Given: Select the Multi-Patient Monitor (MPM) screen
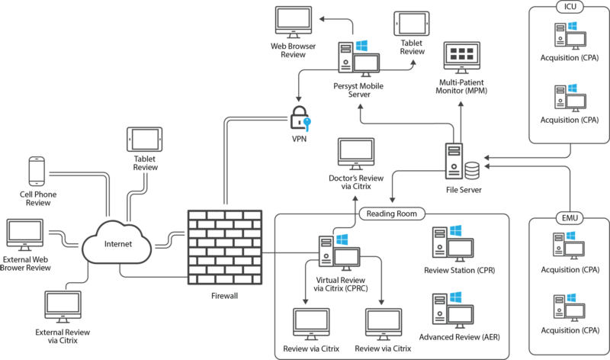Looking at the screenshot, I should [x=464, y=56].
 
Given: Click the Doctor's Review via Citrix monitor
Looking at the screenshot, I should [x=355, y=156].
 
